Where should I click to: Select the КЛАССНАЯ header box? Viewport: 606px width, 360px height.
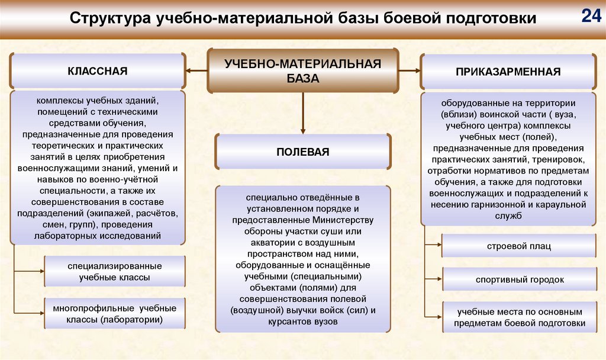97,71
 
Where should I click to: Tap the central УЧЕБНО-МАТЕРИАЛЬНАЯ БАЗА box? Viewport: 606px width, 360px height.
302,70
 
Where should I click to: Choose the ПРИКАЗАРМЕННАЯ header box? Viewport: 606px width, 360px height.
508,72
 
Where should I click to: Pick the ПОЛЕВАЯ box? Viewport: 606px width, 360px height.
302,152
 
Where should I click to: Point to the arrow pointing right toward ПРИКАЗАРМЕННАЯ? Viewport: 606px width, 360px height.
409,71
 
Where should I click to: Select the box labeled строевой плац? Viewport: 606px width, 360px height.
518,246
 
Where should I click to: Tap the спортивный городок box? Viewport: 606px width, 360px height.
518,279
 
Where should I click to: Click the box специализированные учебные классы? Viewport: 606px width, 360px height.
114,271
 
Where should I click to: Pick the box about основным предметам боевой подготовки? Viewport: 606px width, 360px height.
518,317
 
